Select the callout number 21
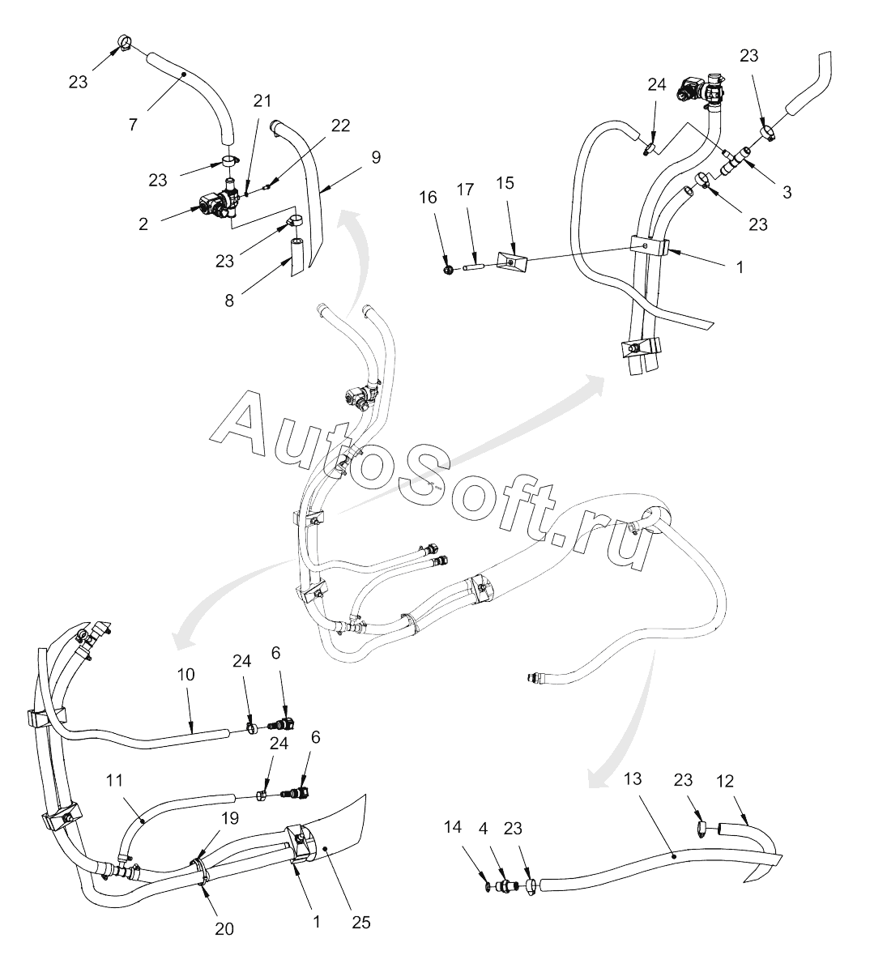pos(262,100)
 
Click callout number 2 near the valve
pos(143,224)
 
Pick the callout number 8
pos(230,300)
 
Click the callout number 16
pos(428,198)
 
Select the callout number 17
pos(465,190)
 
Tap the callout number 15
pos(505,184)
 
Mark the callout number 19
pos(230,817)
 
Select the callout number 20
pos(224,928)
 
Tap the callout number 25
pos(356,922)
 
